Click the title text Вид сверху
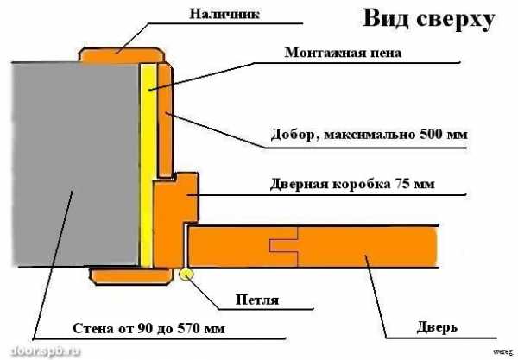tap(429, 19)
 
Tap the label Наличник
tap(224, 14)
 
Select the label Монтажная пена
tap(343, 53)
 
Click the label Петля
tap(257, 300)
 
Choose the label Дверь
tap(437, 327)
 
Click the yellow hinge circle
tap(186, 275)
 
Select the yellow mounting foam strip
tap(148, 165)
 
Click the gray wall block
tap(75, 164)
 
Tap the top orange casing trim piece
tap(122, 55)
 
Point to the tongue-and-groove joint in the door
tap(284, 246)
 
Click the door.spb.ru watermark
tap(46, 351)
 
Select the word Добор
tap(293, 135)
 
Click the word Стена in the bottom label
tap(92, 328)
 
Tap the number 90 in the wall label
tap(145, 328)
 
